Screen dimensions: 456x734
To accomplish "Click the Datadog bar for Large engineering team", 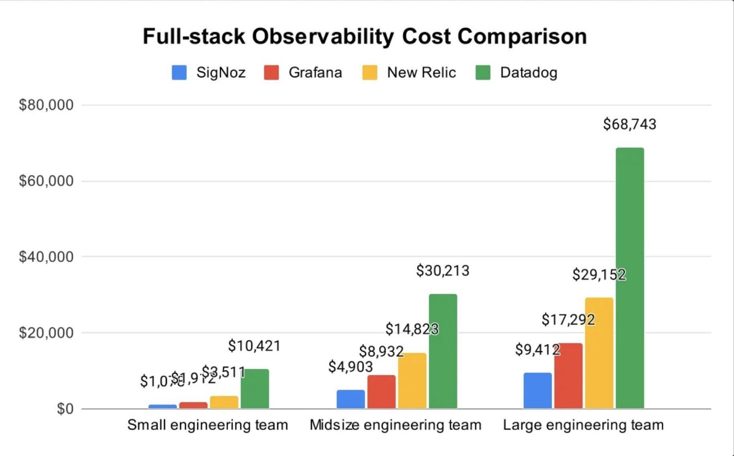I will (630, 278).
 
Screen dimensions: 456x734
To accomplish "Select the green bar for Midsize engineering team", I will (443, 351).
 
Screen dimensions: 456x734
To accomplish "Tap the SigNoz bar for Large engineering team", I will (537, 390).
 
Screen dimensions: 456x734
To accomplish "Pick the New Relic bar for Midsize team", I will (412, 381).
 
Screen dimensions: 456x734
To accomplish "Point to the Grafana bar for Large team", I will (568, 376).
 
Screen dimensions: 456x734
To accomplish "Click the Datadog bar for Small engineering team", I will (255, 389).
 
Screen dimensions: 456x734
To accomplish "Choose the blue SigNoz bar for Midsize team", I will (351, 399).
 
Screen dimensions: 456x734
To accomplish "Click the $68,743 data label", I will (630, 124).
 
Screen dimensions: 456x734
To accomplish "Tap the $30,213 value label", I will (443, 271).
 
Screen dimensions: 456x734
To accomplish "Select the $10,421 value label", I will (254, 346).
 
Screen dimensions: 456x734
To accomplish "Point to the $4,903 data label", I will (351, 367).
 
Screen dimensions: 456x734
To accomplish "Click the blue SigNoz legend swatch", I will (179, 73).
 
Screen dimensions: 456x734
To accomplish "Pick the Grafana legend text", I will (315, 73).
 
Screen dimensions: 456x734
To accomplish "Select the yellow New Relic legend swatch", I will (370, 73).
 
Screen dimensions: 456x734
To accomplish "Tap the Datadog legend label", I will (528, 73).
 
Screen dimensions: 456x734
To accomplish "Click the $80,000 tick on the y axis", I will (46, 105).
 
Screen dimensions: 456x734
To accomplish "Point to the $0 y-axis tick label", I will (65, 409).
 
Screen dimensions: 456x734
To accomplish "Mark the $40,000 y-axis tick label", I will (46, 257).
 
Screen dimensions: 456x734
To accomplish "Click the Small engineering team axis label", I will (208, 425).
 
